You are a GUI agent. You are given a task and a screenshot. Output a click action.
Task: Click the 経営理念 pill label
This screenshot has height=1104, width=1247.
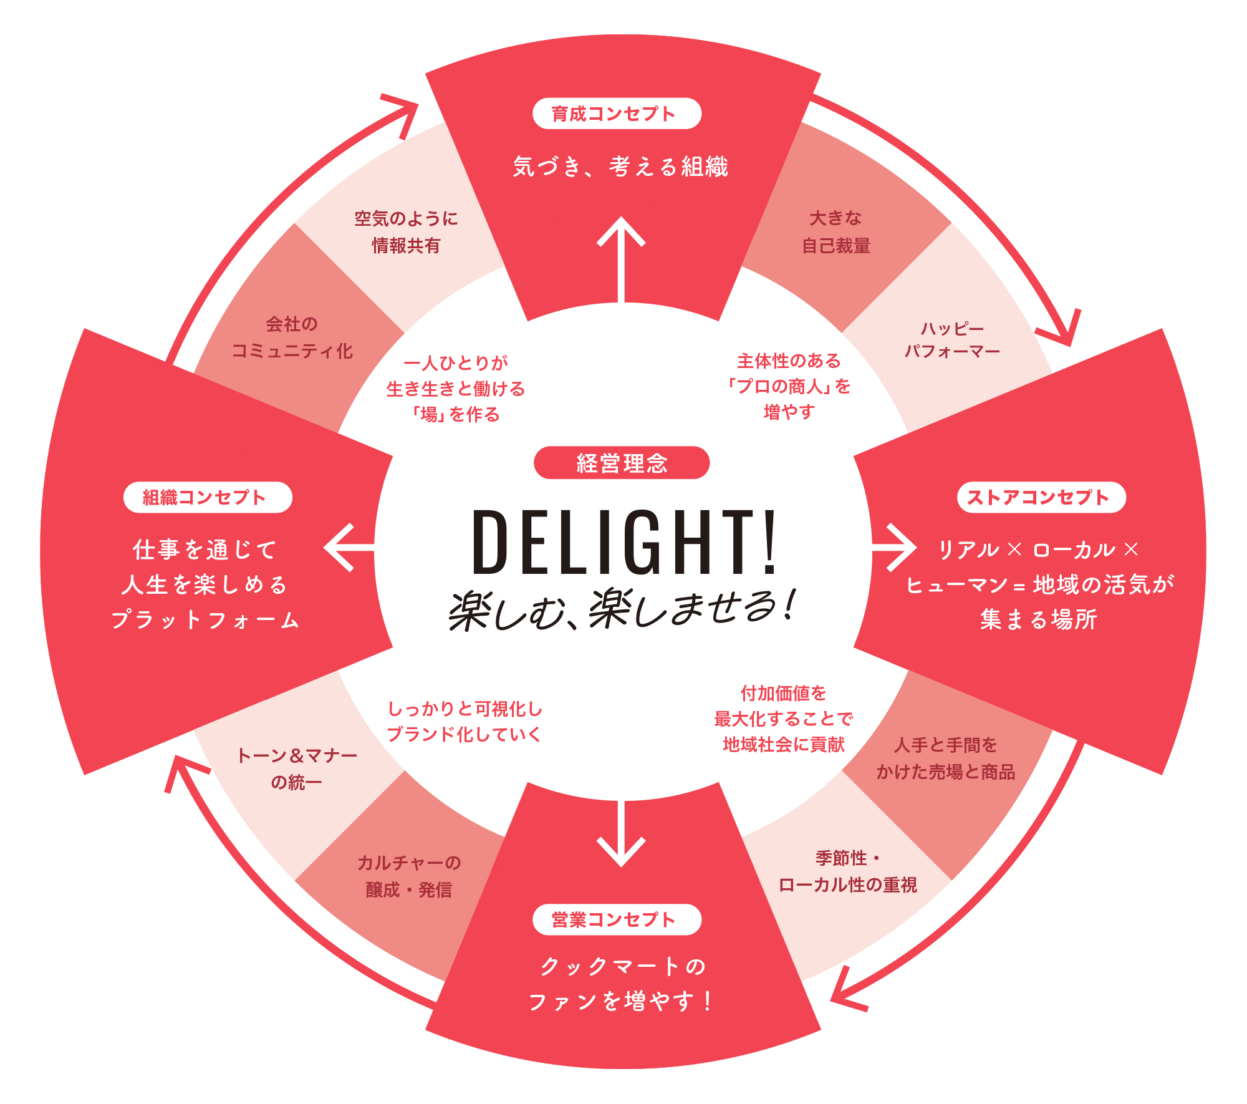622,463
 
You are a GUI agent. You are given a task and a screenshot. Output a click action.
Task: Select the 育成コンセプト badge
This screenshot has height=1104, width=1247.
617,114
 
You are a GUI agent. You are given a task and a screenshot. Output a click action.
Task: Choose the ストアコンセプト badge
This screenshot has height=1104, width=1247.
1041,497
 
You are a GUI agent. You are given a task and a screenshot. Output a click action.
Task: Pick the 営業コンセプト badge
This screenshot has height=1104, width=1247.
617,919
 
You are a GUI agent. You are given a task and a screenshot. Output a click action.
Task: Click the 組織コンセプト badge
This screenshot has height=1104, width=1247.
208,497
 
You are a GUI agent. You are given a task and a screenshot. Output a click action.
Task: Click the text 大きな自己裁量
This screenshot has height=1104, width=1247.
835,232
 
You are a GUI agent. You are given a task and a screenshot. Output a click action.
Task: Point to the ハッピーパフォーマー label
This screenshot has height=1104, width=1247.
952,340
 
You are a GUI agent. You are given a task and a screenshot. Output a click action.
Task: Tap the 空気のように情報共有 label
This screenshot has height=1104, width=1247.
407,232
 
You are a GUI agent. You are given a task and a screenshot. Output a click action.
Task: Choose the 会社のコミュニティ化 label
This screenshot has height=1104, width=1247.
292,337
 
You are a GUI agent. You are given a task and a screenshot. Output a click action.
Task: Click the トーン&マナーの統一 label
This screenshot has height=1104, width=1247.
297,768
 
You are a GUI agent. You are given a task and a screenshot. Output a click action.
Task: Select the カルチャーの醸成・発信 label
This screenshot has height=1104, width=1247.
409,876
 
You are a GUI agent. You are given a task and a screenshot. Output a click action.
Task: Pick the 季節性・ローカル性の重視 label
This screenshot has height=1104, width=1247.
847,871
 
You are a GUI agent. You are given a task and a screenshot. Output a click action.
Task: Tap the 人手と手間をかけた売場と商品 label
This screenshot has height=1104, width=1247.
945,758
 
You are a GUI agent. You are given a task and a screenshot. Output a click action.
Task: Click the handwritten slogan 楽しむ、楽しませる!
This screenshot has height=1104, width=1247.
622,608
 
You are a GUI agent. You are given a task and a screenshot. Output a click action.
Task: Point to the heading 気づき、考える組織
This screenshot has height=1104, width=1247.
620,167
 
